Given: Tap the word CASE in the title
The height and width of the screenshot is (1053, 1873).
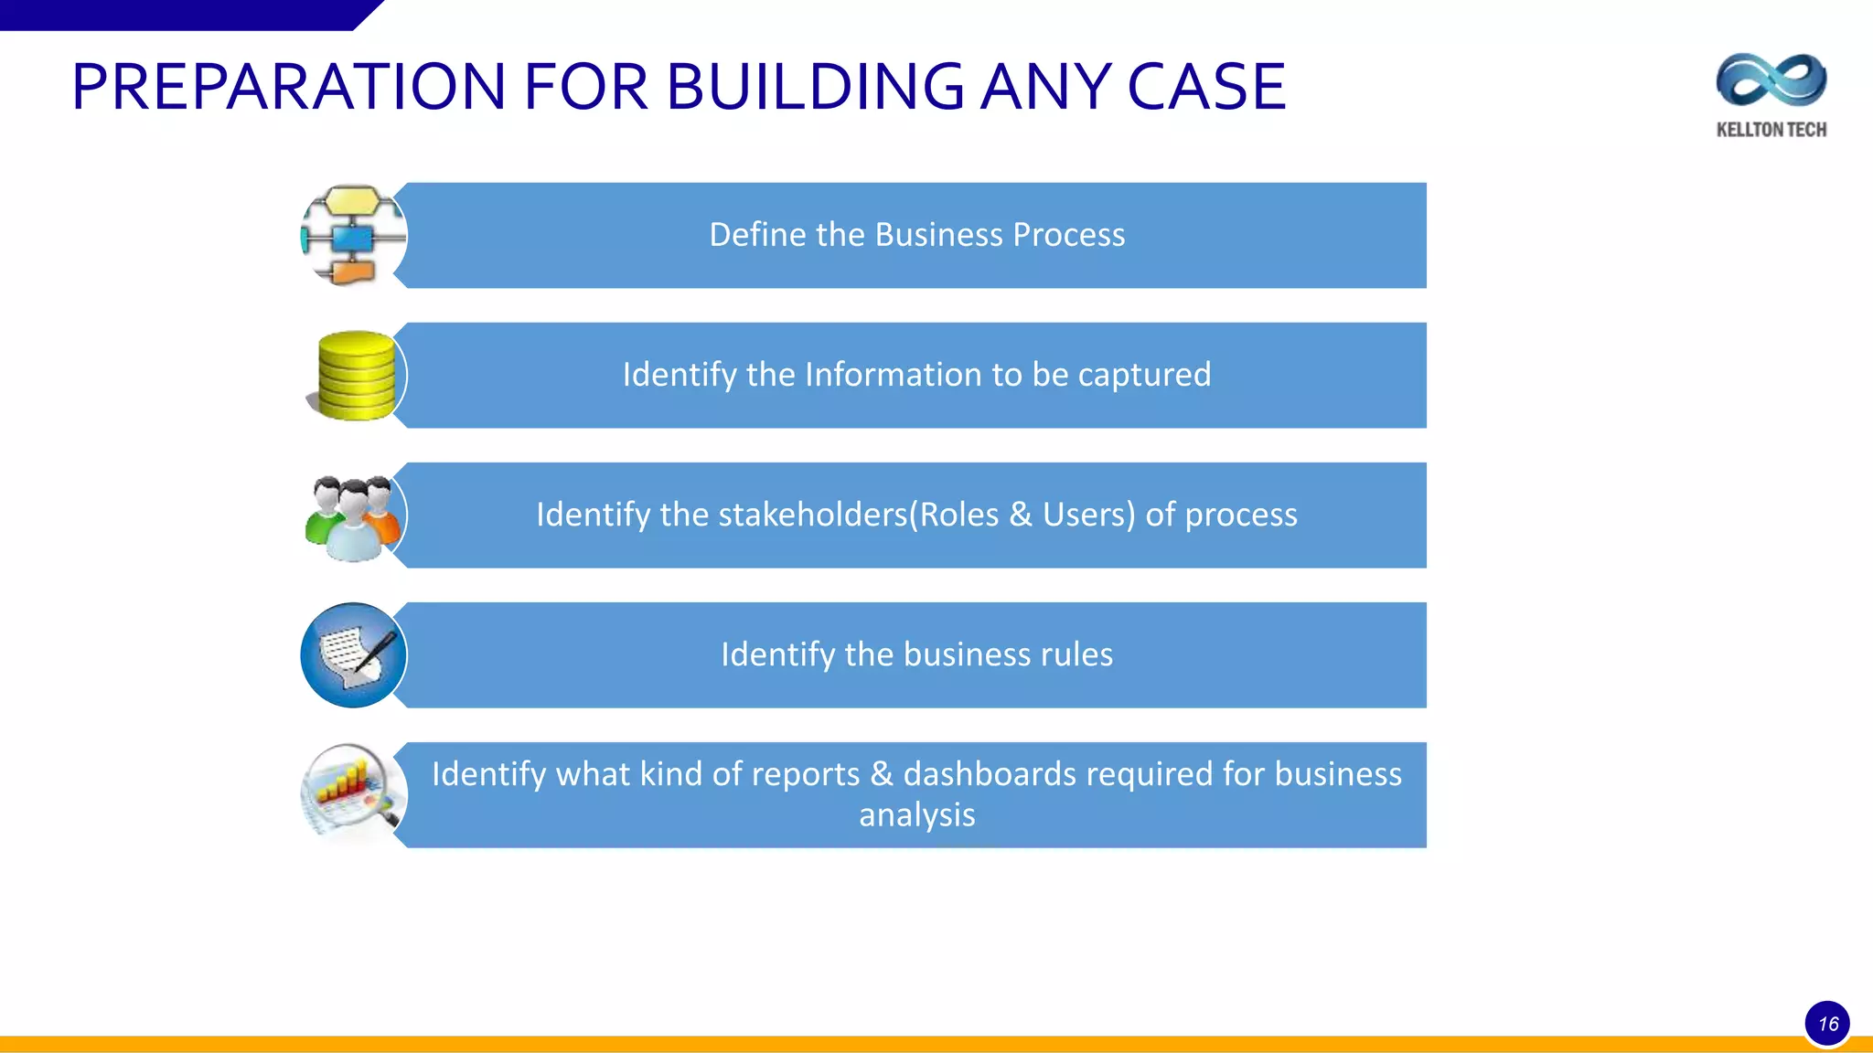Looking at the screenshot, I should click(1206, 88).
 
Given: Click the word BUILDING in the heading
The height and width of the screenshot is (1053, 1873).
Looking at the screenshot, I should click(815, 88).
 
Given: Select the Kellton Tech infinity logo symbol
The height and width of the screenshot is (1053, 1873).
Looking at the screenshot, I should click(1771, 80).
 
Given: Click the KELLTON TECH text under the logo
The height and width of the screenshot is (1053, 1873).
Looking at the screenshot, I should click(1771, 130).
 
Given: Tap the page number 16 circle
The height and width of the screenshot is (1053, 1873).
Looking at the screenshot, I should click(1827, 1024).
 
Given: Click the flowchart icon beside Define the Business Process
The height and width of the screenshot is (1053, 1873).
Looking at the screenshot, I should click(353, 236).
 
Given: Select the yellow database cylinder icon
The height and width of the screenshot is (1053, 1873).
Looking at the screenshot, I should click(356, 376).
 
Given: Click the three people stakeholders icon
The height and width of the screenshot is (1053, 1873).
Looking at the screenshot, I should click(353, 517).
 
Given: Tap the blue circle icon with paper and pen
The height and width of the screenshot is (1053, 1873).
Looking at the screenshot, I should click(353, 654).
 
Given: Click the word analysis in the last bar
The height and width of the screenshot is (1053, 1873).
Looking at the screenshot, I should click(916, 814).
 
